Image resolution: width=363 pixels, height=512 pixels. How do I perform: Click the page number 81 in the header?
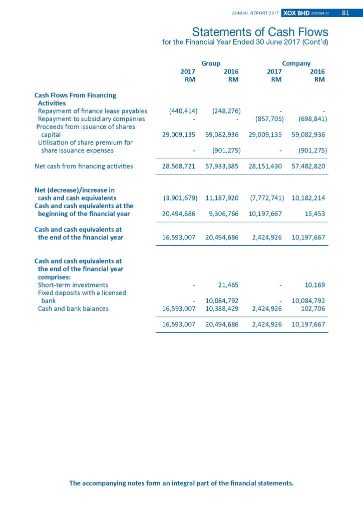345,12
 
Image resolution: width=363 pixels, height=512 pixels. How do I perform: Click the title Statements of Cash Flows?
260,32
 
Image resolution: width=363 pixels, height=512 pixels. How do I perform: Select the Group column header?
210,63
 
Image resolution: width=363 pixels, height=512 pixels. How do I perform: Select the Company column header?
296,63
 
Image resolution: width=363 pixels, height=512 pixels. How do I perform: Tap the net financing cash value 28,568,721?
179,166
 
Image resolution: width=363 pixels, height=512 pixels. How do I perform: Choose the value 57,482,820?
308,166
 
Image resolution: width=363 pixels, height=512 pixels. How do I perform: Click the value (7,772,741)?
267,198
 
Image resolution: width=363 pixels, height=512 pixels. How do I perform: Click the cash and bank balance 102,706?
312,309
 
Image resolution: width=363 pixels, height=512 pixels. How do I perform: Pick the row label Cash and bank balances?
73,309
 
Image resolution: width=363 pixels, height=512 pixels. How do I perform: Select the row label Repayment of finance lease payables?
93,111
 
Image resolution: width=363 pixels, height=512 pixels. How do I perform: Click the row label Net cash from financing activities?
84,166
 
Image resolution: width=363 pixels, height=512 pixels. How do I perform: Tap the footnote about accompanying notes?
181,483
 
